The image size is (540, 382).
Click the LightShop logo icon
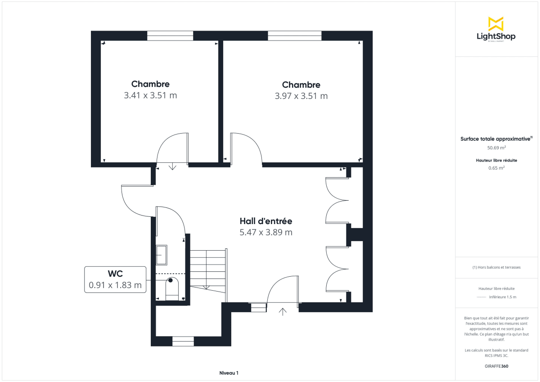496,24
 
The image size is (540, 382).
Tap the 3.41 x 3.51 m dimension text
150,95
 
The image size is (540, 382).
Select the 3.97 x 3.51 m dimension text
301,96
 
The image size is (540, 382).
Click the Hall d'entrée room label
266,221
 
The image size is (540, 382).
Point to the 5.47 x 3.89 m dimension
266,232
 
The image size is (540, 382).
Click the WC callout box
115,279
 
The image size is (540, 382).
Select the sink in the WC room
161,255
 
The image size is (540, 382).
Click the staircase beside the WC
207,270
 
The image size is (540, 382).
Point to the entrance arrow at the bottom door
283,311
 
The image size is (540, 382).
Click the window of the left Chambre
170,36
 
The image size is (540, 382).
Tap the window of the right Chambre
295,36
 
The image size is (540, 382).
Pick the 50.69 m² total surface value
496,147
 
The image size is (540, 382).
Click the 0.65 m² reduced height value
496,168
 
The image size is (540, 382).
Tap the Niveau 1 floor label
229,373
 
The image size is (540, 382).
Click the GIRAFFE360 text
496,366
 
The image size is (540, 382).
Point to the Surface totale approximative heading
495,139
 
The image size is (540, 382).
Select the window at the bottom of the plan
183,342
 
